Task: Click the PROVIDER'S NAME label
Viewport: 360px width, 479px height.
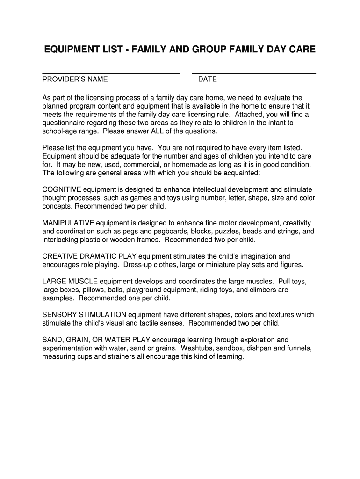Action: (x=75, y=80)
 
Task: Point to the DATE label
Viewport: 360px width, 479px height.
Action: (x=208, y=80)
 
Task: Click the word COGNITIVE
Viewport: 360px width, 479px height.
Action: (x=62, y=189)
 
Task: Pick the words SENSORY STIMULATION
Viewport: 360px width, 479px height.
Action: (x=84, y=315)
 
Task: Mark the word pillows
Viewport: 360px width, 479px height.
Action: (x=95, y=290)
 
